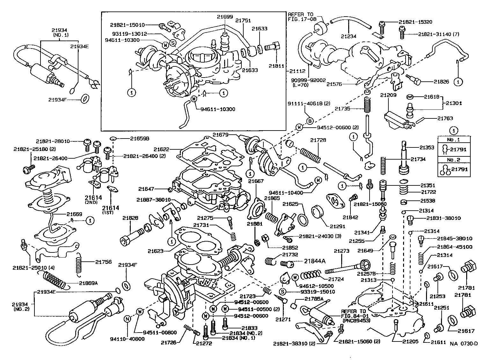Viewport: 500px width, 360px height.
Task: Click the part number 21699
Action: (225, 17)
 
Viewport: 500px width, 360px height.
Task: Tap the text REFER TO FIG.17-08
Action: (300, 17)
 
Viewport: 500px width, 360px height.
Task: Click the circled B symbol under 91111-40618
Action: (310, 121)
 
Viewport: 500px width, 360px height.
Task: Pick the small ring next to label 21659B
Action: (112, 139)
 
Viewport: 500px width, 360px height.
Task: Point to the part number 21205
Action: (401, 341)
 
